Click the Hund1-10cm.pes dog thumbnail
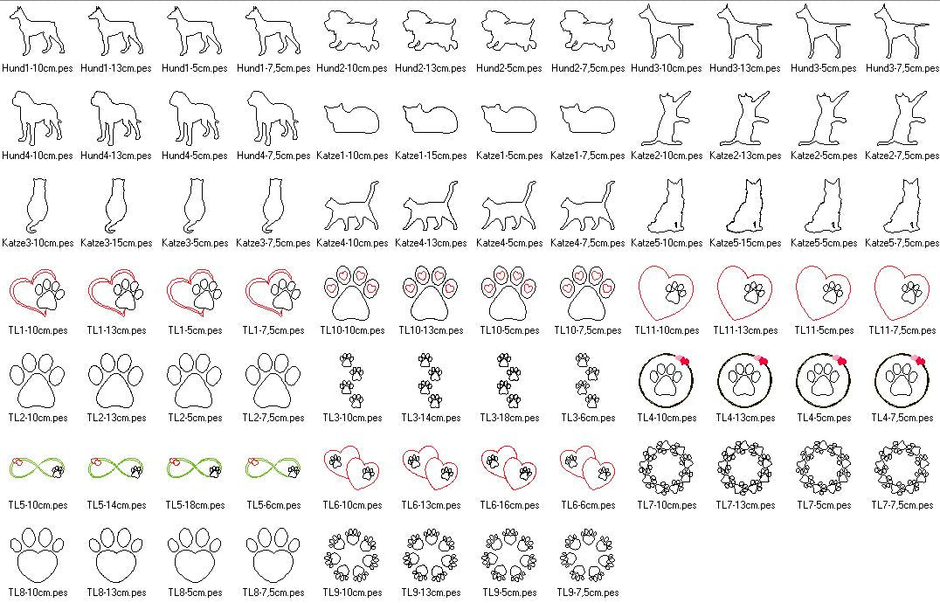pyautogui.click(x=38, y=31)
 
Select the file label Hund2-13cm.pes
pyautogui.click(x=431, y=68)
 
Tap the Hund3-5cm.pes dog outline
pyautogui.click(x=824, y=31)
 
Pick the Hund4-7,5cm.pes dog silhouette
pyautogui.click(x=273, y=118)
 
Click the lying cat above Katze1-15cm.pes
pyautogui.click(x=431, y=118)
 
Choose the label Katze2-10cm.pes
pyautogui.click(x=667, y=156)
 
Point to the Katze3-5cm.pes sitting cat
pyautogui.click(x=195, y=205)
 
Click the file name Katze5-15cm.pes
pyautogui.click(x=745, y=243)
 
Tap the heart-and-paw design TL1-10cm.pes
pyautogui.click(x=38, y=293)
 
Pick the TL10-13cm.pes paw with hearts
pyautogui.click(x=431, y=293)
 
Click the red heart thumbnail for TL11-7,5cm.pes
pyautogui.click(x=902, y=293)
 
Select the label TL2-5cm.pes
pyautogui.click(x=195, y=418)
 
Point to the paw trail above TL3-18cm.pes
pyautogui.click(x=509, y=381)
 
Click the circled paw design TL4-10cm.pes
pyautogui.click(x=667, y=381)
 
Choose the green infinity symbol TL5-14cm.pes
pyautogui.click(x=116, y=468)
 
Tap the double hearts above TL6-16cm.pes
pyautogui.click(x=509, y=468)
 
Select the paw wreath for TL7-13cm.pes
pyautogui.click(x=745, y=468)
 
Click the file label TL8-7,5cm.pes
pyautogui.click(x=273, y=593)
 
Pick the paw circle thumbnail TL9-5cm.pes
pyautogui.click(x=509, y=555)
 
